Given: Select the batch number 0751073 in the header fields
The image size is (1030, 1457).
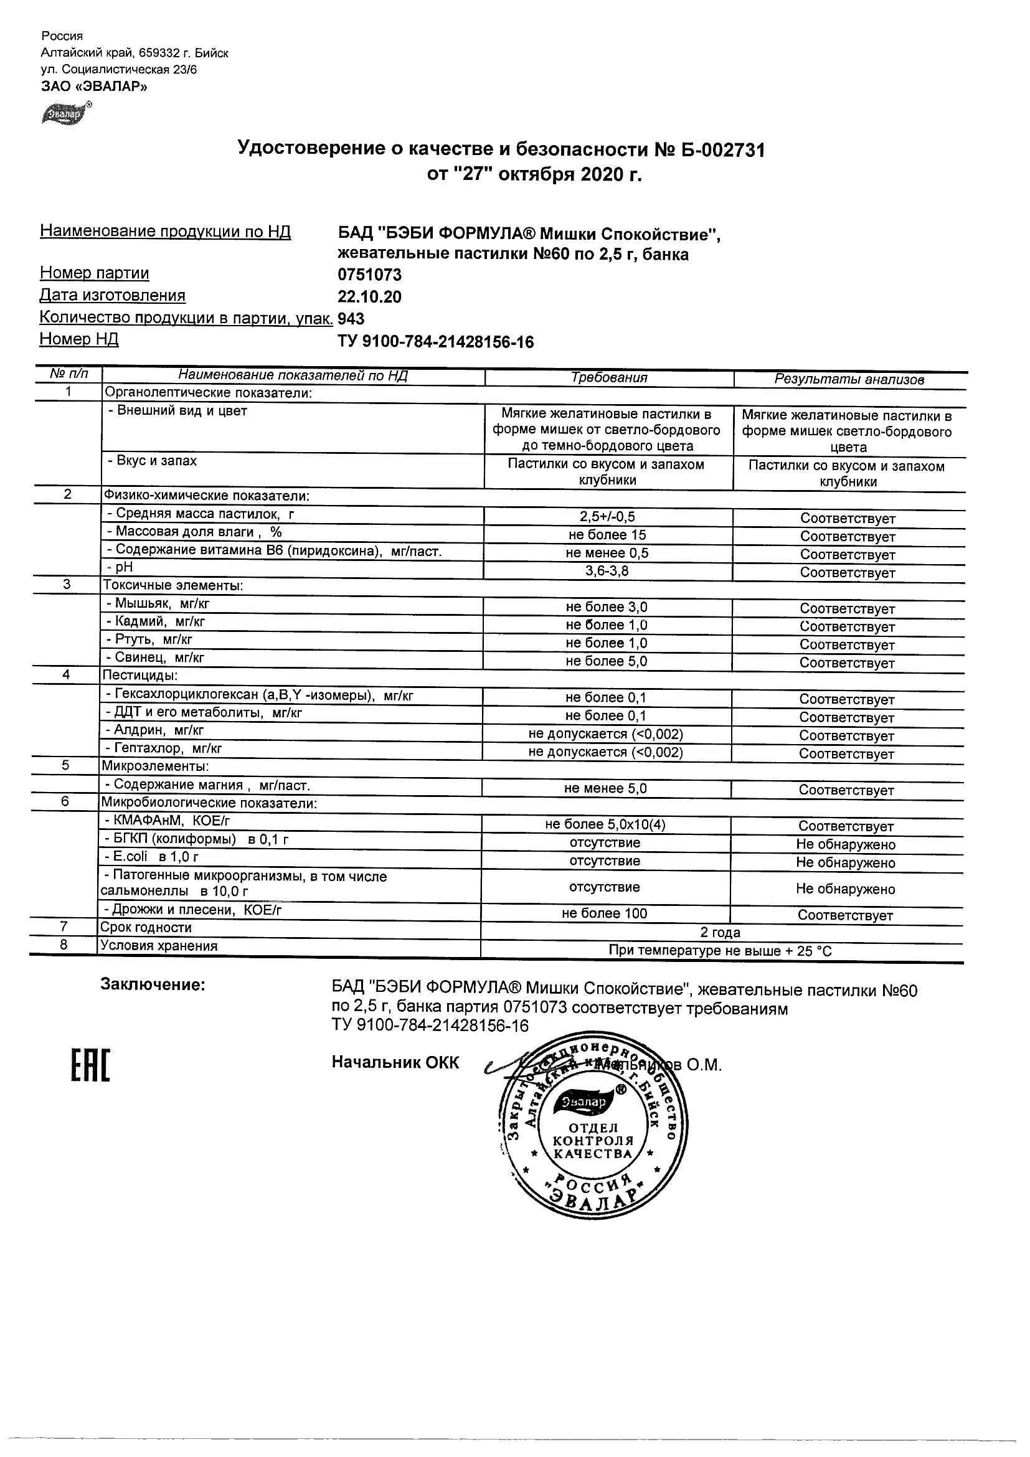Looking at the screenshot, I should coord(369,275).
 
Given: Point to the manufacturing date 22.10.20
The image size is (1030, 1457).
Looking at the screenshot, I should coord(369,296).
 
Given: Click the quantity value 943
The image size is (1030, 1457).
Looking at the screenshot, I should coord(351,318).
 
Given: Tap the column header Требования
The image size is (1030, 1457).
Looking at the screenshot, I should coord(608,378).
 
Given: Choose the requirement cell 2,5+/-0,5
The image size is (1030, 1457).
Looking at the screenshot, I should coord(607,517).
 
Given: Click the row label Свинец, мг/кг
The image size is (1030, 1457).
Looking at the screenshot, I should coord(156,658).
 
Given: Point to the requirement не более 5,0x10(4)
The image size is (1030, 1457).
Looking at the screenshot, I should coord(605,824).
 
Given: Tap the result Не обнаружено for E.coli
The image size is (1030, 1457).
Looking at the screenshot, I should coord(845,862).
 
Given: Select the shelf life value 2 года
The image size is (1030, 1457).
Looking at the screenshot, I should coord(721,932).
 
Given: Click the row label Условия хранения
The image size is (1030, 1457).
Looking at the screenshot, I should coord(159,946).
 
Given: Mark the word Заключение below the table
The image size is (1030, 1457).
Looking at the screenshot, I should coord(153,984).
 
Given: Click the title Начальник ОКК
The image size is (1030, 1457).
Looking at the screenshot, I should coord(395,1063).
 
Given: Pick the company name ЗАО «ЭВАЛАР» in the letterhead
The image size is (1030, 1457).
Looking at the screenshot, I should coord(94,87).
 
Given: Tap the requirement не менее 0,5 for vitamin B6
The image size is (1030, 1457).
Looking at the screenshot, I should coord(607,553).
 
